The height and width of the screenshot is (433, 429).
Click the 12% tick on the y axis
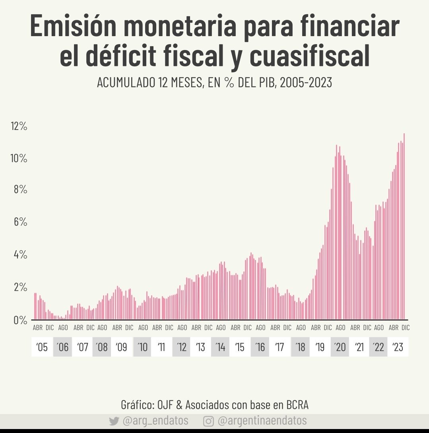tap(19, 127)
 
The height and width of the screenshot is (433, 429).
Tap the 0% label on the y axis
tap(20, 320)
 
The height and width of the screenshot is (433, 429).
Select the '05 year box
tap(42, 347)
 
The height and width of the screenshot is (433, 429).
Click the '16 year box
tap(260, 347)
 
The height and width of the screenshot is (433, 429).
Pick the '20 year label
tap(340, 347)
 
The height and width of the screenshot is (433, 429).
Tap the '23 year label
tap(398, 347)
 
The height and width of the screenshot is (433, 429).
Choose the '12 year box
tap(182, 347)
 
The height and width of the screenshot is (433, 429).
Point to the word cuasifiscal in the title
tap(310, 56)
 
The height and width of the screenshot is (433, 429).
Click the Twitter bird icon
tap(114, 421)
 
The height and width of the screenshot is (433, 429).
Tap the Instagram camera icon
tap(208, 421)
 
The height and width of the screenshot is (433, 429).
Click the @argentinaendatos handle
tap(262, 421)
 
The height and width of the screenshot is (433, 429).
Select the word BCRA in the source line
tap(297, 405)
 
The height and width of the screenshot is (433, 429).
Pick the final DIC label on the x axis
tap(405, 328)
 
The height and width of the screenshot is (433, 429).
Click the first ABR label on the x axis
tap(38, 328)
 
